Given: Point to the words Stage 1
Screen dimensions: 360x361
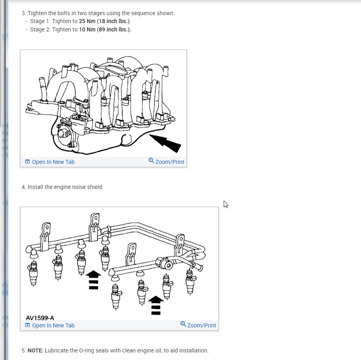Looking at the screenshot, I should coord(40,21).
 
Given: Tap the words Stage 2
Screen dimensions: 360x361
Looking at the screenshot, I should coord(40,29).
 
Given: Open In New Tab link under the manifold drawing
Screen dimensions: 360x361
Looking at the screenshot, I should coord(50,162).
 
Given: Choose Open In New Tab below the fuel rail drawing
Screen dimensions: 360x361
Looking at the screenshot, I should coord(50,325).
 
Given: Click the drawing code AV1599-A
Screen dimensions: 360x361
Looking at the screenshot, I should coord(40,318).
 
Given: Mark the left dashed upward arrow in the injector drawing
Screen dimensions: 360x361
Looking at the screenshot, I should coord(93,280).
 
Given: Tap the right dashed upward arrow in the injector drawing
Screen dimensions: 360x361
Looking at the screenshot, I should coord(156,305).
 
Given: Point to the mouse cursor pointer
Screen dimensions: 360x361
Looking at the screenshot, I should coord(225,204).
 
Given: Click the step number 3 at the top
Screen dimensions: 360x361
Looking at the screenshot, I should coord(23,13).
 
